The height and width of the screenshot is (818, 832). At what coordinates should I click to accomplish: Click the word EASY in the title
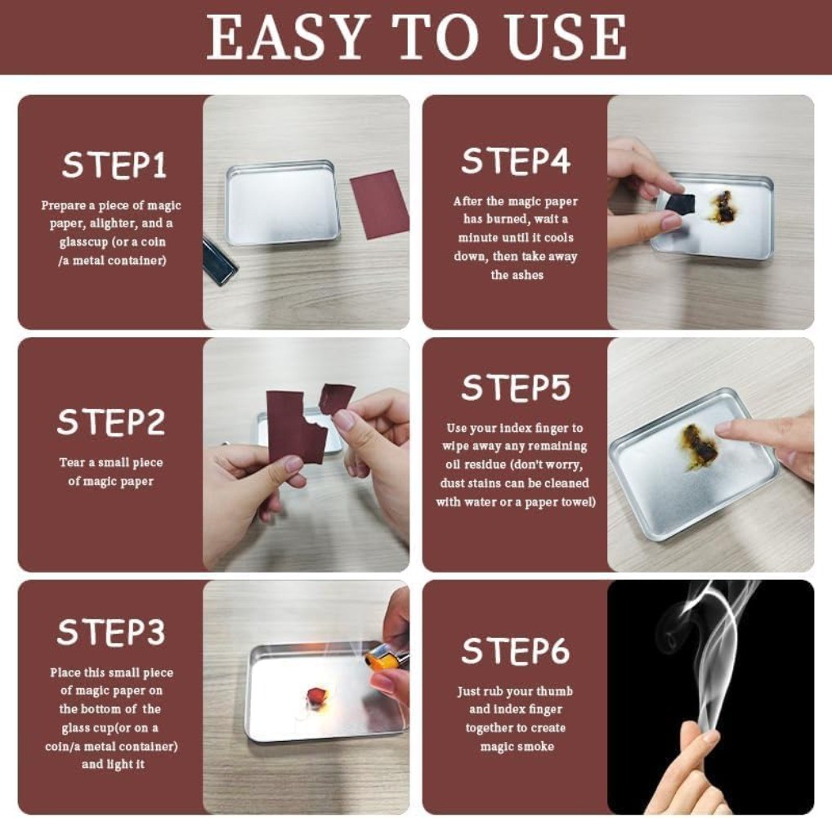289,37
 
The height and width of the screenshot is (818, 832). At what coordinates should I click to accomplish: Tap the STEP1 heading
114,164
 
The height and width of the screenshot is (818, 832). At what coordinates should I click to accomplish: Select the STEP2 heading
111,422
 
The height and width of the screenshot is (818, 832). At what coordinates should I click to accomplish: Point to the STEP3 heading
111,632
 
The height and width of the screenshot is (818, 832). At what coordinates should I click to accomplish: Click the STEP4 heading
516,160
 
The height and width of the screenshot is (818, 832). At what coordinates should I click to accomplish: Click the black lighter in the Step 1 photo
218,261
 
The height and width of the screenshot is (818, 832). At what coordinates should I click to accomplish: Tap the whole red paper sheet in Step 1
380,204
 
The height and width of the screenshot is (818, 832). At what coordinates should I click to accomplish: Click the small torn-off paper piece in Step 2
336,398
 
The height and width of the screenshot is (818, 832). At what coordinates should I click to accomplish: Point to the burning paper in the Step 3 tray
318,694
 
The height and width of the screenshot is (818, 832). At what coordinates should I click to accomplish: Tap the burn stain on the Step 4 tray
725,205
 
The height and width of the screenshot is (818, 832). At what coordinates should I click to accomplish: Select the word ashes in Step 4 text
517,275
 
